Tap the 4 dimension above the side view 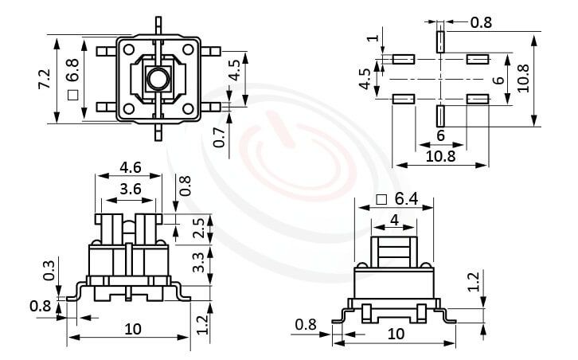(393, 219)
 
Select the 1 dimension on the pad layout (373, 37)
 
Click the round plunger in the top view (156, 79)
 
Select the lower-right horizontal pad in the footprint (477, 98)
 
